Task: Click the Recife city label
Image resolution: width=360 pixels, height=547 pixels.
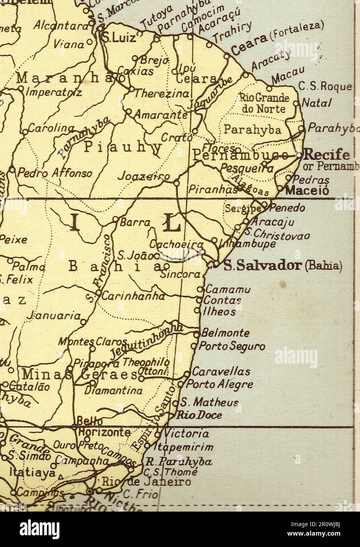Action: click(327, 154)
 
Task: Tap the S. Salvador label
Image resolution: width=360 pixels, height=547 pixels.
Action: click(262, 266)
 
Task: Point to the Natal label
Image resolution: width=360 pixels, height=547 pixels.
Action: click(316, 103)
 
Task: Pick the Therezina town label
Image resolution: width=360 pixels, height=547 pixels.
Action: click(162, 94)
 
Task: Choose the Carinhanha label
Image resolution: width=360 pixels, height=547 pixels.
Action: click(133, 296)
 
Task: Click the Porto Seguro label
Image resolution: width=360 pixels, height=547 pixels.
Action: click(232, 346)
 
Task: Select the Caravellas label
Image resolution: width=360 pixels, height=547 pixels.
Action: click(221, 371)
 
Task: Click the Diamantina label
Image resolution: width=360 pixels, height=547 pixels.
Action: click(114, 391)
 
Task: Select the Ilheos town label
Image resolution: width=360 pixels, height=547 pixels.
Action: click(219, 312)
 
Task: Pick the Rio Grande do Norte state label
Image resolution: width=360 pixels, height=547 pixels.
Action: click(264, 103)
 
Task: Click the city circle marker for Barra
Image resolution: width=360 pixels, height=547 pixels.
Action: click(116, 219)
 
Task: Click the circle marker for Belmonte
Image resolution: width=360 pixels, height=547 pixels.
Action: click(197, 334)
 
